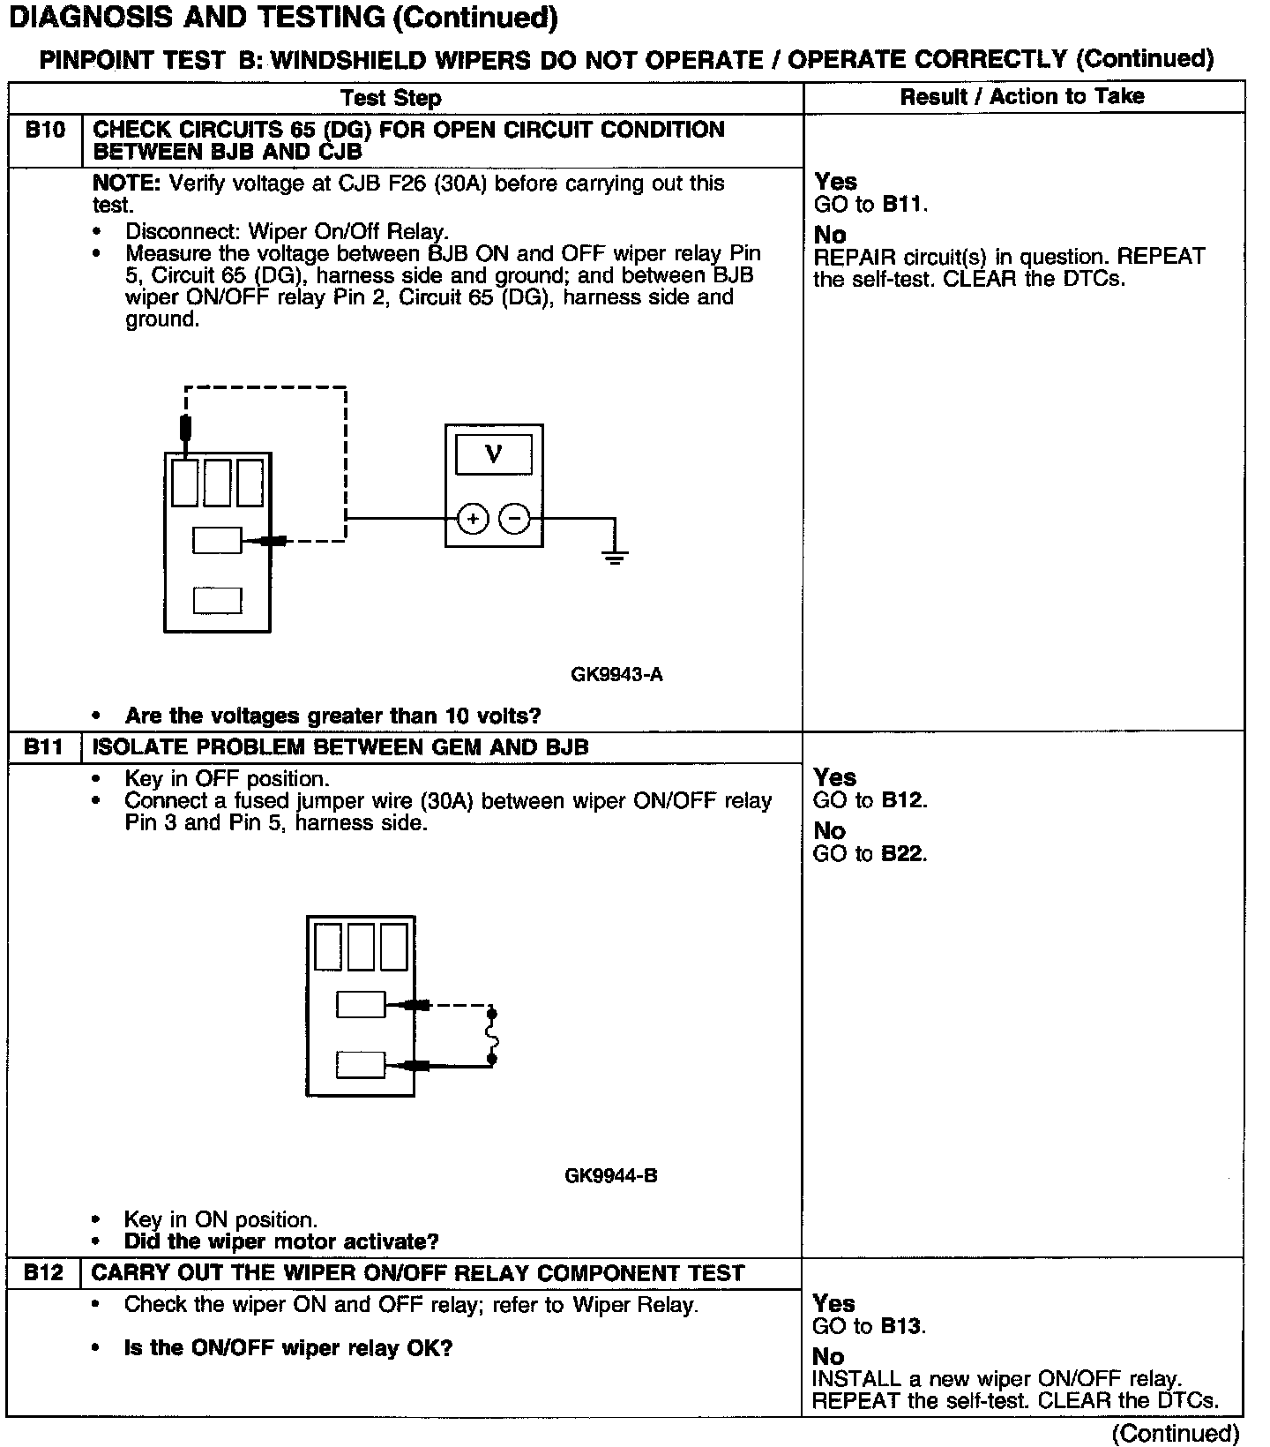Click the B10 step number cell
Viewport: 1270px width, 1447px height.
point(45,131)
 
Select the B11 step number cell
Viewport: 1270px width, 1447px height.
point(44,747)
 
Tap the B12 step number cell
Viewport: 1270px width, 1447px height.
point(44,1273)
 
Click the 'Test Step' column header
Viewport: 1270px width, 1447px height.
point(391,98)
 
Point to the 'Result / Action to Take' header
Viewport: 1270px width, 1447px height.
point(1022,97)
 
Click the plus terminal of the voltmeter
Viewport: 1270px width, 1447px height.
point(474,519)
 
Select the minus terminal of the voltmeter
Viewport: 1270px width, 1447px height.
point(515,519)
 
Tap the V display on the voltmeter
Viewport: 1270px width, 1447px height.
point(493,454)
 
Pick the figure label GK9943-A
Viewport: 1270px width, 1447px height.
point(616,675)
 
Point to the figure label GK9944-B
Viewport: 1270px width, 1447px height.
point(610,1176)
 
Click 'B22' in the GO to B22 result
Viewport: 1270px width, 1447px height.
point(903,854)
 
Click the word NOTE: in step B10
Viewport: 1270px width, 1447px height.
point(127,184)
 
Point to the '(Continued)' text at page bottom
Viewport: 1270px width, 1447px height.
point(1177,1434)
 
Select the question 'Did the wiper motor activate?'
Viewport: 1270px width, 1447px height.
point(281,1242)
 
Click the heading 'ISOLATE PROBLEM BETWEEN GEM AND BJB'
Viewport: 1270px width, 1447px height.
point(340,747)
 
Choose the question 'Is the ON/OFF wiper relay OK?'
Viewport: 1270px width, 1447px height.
point(288,1348)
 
